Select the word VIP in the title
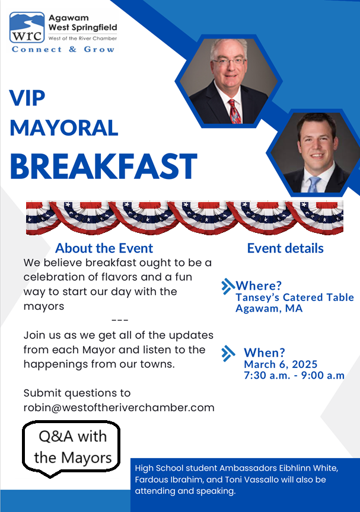click(x=27, y=97)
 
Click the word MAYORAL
click(x=63, y=127)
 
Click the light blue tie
click(x=313, y=184)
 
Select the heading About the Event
click(x=104, y=248)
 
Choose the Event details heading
click(x=285, y=248)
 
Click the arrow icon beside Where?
click(x=228, y=287)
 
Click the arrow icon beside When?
click(x=228, y=354)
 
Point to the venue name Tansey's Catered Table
click(x=294, y=297)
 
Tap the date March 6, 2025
click(x=281, y=364)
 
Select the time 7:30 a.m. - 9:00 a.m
click(x=294, y=376)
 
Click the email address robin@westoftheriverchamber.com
click(x=119, y=408)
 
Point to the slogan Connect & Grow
click(x=63, y=49)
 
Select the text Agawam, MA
click(x=269, y=309)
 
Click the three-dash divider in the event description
click(x=119, y=320)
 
